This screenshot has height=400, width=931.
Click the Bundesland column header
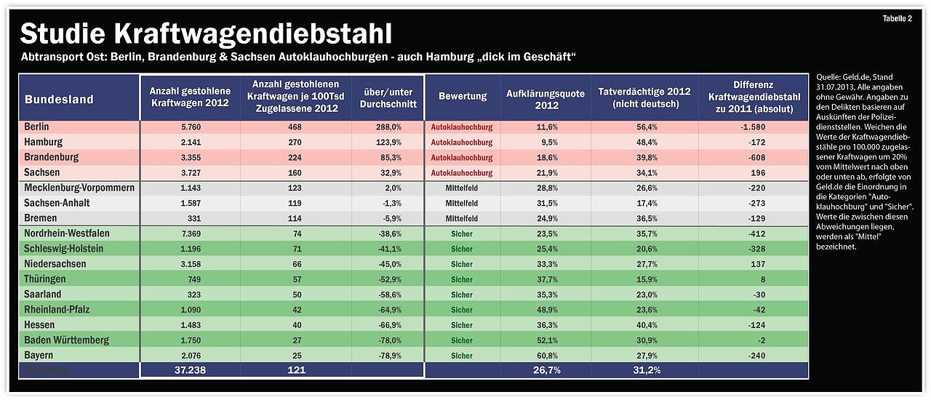(60, 100)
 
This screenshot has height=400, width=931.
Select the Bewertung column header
(462, 97)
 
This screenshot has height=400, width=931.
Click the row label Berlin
(37, 127)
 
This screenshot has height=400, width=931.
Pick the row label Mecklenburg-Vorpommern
(79, 188)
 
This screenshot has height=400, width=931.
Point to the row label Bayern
(39, 355)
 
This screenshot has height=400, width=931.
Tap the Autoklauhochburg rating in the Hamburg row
(462, 143)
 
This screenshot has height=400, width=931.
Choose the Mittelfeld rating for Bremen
(462, 218)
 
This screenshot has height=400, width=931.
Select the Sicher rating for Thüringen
(462, 279)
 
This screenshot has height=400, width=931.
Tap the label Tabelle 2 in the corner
(897, 19)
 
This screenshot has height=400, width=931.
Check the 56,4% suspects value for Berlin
(644, 127)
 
